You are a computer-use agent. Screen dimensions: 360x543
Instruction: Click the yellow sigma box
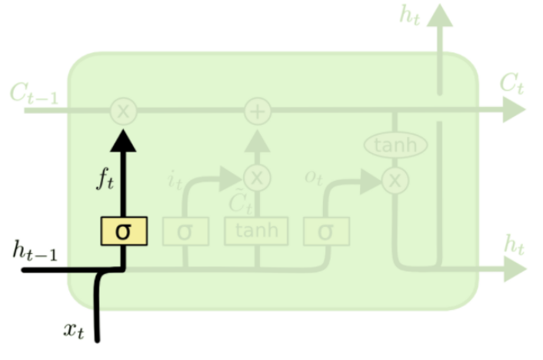tap(123, 230)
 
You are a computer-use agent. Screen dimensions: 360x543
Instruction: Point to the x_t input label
tap(73, 331)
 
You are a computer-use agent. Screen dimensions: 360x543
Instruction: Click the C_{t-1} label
tap(32, 94)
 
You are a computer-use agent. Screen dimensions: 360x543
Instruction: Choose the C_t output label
tap(511, 84)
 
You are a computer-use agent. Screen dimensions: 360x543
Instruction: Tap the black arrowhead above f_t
tap(123, 140)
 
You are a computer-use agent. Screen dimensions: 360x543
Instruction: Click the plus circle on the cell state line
tap(258, 111)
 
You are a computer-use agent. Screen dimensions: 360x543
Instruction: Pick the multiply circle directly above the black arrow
tap(123, 111)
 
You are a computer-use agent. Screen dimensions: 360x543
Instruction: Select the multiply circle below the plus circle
tap(258, 178)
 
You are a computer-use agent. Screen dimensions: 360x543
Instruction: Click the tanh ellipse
tap(395, 145)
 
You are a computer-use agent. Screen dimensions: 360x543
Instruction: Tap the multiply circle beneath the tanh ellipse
tap(395, 180)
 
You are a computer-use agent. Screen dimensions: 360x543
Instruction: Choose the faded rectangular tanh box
tap(256, 230)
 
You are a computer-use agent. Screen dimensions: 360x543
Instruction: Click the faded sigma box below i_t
tap(185, 230)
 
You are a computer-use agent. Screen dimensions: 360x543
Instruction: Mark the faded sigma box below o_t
tap(326, 230)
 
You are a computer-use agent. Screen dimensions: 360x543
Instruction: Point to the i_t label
tap(175, 182)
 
